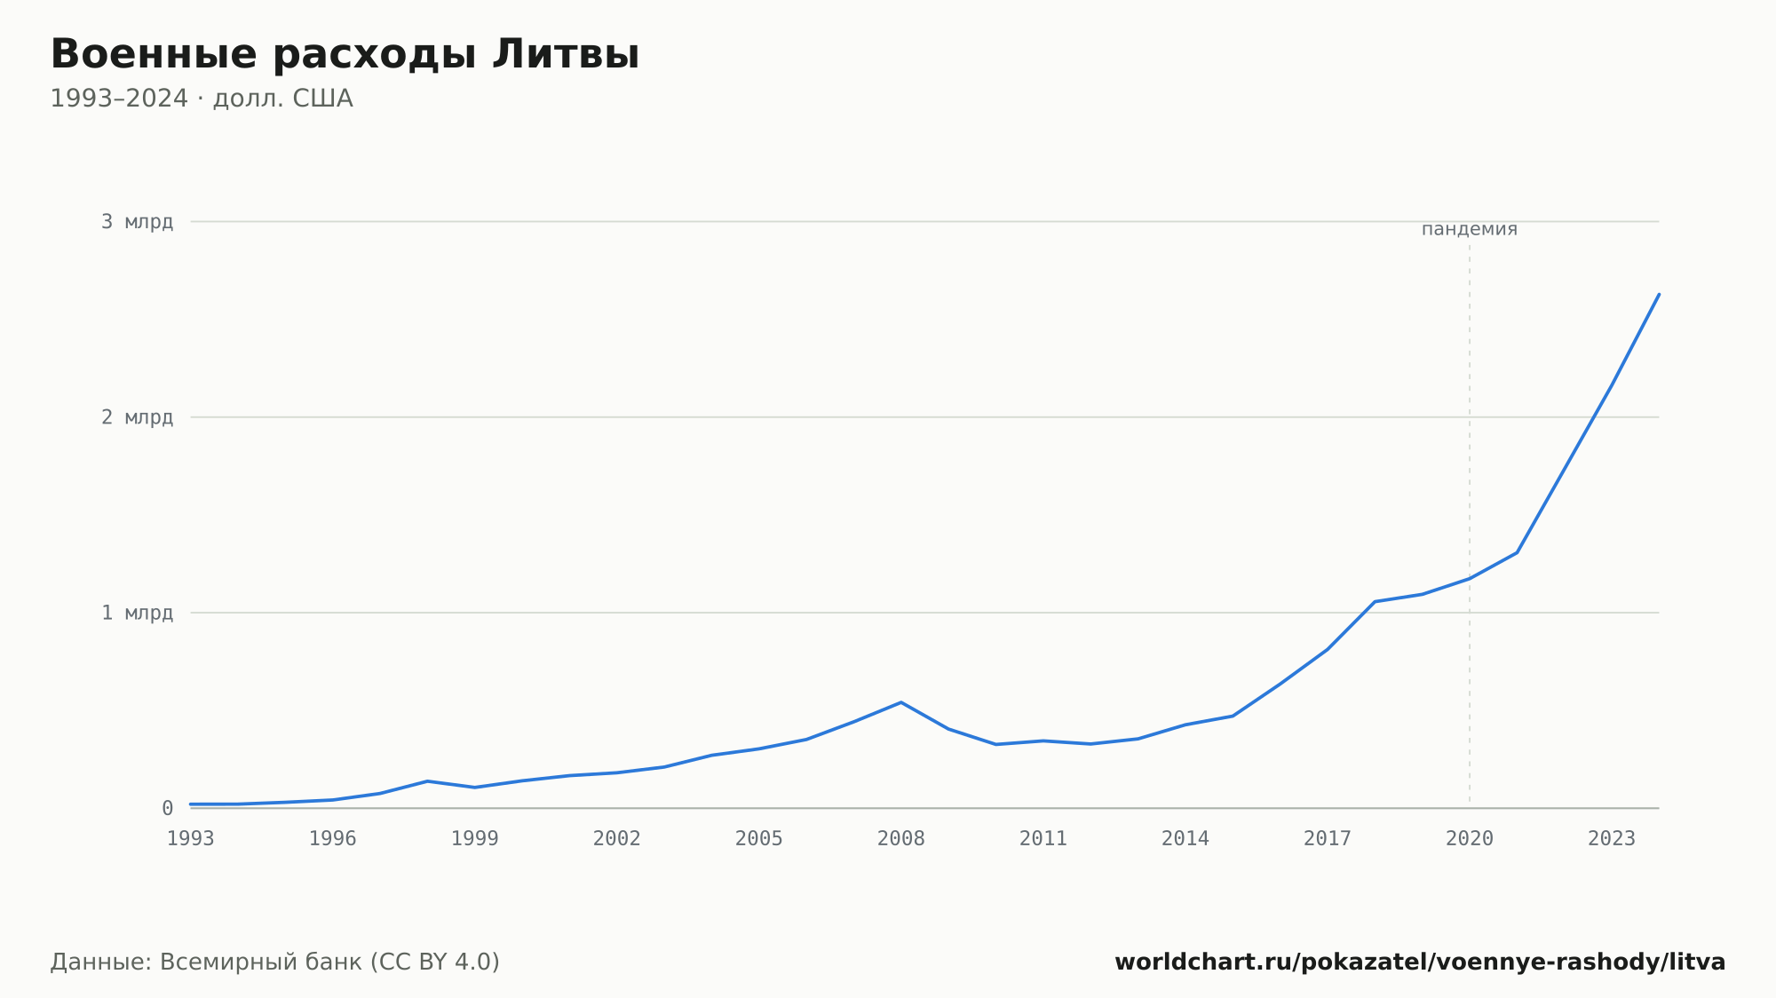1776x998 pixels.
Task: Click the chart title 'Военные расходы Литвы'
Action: coord(345,54)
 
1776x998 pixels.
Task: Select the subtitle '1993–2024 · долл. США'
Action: coord(202,99)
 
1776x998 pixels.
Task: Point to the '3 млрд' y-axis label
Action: coord(137,222)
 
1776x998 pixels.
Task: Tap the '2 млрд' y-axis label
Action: coord(137,417)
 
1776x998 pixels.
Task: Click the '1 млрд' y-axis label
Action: coord(137,613)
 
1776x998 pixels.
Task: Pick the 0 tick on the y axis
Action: coord(167,808)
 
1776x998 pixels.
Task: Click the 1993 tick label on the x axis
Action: coord(191,839)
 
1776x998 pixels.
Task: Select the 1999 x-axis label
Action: coord(475,839)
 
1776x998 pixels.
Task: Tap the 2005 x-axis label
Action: coord(759,839)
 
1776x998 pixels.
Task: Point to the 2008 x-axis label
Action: coord(901,839)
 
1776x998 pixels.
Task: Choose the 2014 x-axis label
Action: coord(1185,839)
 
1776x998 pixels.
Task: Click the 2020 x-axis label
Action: coord(1470,839)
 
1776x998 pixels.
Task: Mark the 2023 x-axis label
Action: coord(1612,839)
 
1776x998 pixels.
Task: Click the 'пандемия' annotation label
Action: coord(1470,229)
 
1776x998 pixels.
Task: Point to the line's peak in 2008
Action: coord(901,702)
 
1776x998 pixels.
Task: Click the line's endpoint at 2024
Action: coord(1659,294)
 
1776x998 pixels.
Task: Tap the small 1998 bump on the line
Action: coord(427,781)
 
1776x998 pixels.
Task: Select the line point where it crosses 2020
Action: coord(1470,579)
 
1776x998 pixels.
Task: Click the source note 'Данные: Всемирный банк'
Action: coord(206,962)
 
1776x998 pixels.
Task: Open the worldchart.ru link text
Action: coord(1420,962)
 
